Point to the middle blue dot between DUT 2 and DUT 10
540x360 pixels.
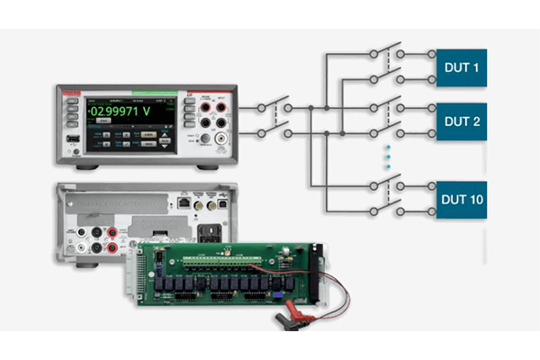point(388,157)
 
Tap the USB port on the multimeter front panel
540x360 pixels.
point(71,139)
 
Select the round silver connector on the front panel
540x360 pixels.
point(218,139)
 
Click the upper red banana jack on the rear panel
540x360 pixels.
point(112,230)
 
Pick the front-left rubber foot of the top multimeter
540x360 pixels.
point(86,167)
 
